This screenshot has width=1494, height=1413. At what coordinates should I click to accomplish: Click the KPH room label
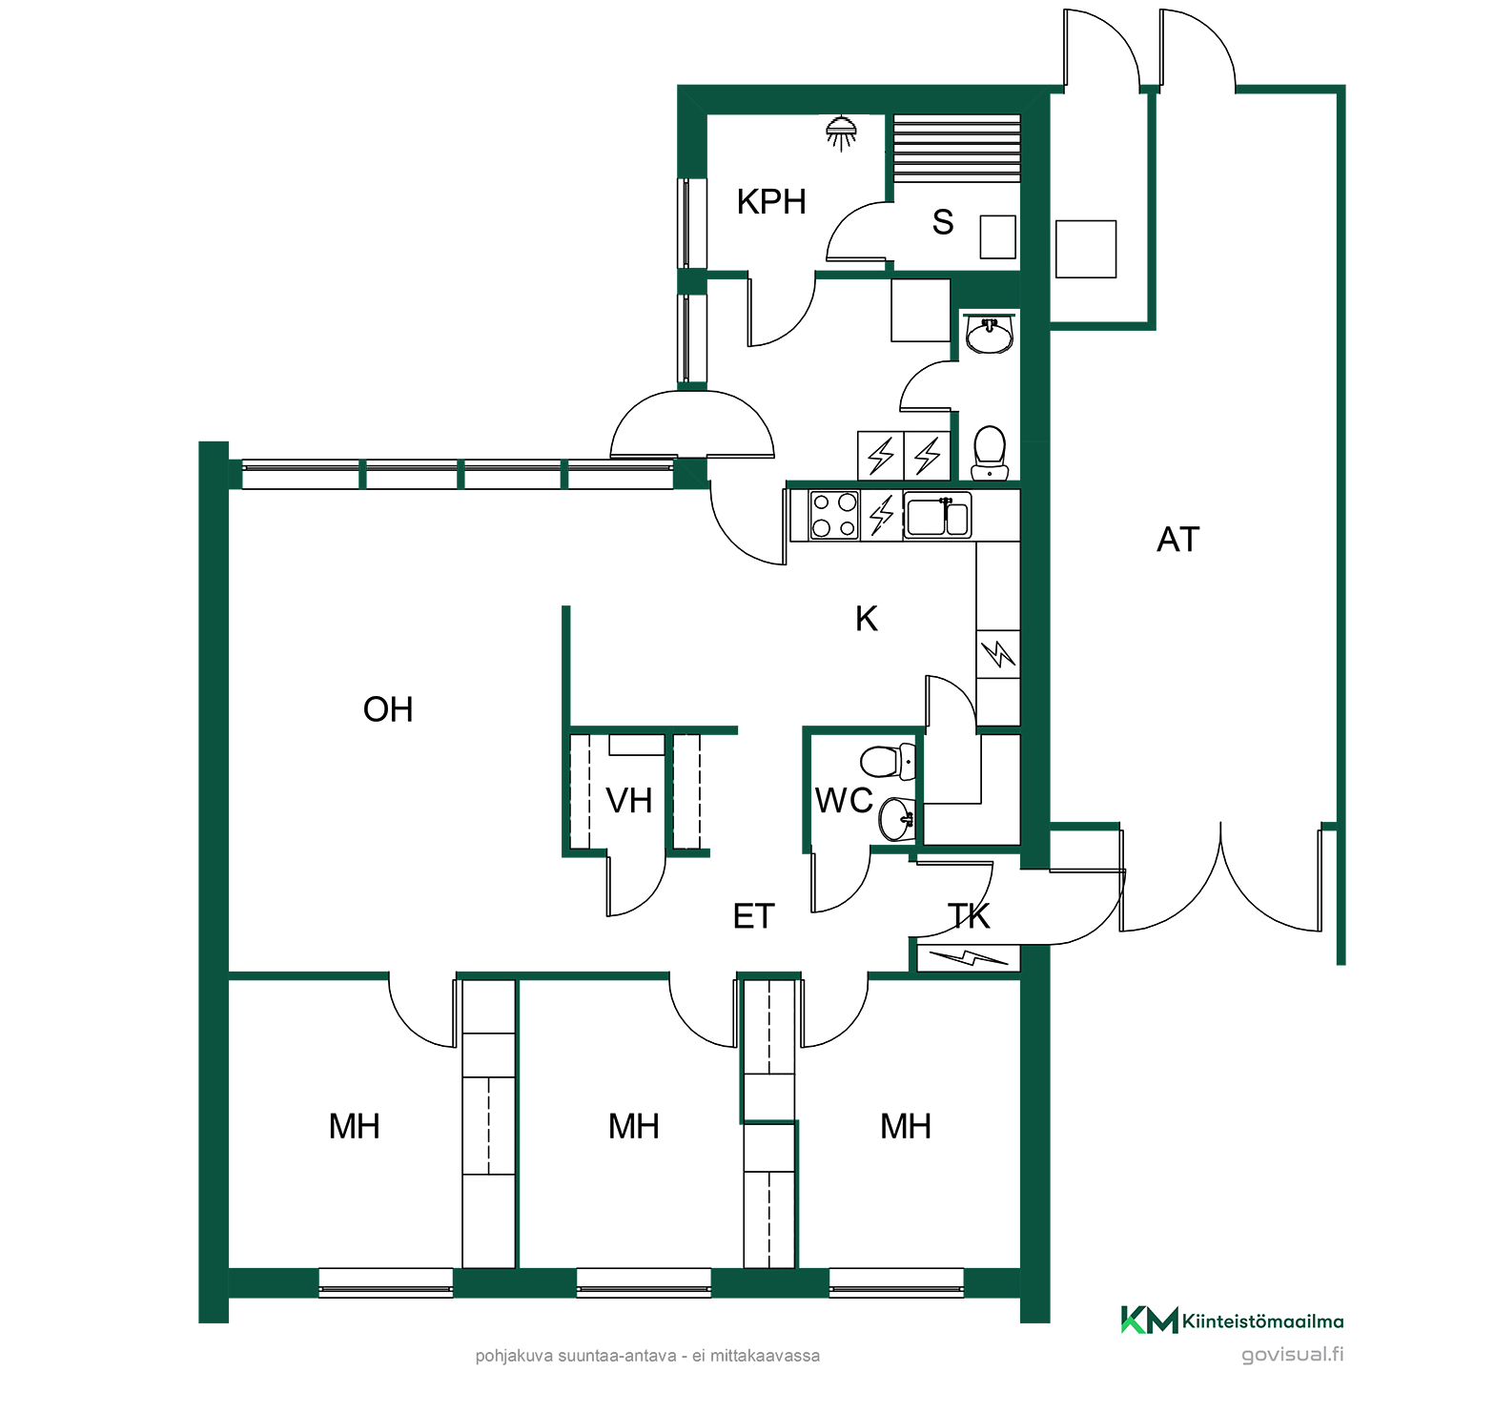771,202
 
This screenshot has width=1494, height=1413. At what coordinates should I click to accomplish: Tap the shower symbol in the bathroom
840,133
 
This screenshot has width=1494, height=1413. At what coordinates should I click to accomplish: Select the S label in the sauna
943,222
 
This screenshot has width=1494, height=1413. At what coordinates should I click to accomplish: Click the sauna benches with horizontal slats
956,148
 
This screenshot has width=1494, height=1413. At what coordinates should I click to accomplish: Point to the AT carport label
1177,540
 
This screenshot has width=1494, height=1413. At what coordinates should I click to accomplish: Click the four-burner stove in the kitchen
834,515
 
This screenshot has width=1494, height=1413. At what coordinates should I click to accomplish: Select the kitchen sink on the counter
937,515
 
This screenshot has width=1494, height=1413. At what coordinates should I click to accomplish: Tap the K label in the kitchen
866,619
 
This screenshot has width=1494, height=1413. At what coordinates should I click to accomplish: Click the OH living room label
388,709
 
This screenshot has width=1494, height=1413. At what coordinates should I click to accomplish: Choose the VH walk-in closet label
629,801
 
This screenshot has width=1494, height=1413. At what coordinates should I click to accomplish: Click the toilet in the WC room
888,762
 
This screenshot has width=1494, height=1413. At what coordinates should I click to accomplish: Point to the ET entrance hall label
753,916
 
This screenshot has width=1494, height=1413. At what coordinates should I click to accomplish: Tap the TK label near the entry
970,916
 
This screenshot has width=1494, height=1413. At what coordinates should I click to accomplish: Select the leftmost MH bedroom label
354,1126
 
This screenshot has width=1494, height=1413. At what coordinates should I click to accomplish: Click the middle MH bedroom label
633,1126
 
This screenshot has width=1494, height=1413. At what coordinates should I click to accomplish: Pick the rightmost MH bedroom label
905,1126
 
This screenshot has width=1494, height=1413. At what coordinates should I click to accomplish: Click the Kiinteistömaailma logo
1232,1321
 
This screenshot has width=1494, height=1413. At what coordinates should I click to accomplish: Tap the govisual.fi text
1292,1354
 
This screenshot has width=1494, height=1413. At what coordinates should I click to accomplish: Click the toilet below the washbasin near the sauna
990,452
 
